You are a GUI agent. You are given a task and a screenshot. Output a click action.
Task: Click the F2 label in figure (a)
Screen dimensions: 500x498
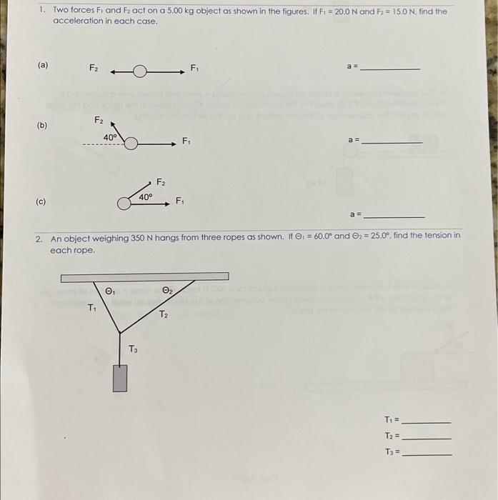(94, 68)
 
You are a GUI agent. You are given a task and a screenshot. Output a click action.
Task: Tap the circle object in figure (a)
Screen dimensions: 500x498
(139, 71)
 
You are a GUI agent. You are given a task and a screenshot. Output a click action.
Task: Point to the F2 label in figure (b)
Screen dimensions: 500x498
(99, 121)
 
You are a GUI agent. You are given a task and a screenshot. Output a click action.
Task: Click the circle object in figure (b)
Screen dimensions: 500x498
(131, 144)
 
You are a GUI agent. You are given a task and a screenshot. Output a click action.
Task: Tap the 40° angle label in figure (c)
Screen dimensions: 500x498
(146, 196)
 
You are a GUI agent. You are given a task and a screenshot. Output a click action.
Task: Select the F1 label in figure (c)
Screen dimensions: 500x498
(181, 201)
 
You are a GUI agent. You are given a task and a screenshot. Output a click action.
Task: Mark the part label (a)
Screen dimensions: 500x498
(43, 65)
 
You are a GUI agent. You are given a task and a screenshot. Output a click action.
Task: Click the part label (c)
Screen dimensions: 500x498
(41, 201)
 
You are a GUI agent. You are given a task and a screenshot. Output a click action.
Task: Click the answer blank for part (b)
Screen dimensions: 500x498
(392, 143)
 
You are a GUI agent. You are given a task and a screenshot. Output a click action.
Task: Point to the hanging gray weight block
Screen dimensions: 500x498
(120, 378)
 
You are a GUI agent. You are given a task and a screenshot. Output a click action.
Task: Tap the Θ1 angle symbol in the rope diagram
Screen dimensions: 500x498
(109, 291)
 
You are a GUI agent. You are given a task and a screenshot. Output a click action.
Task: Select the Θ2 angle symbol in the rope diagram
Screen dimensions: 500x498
(166, 291)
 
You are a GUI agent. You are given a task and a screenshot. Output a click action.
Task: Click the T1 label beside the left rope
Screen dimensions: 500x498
(91, 309)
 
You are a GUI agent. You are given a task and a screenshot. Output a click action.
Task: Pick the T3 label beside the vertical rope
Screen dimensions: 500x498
(133, 349)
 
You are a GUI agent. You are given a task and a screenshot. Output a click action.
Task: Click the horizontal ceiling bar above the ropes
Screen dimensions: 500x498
(144, 276)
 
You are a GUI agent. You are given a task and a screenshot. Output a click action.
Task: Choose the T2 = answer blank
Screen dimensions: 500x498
(427, 437)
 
